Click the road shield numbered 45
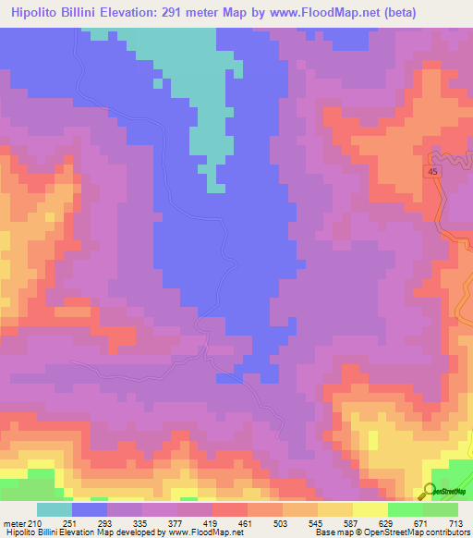coord(433,173)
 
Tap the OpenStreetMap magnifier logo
coord(431,491)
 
